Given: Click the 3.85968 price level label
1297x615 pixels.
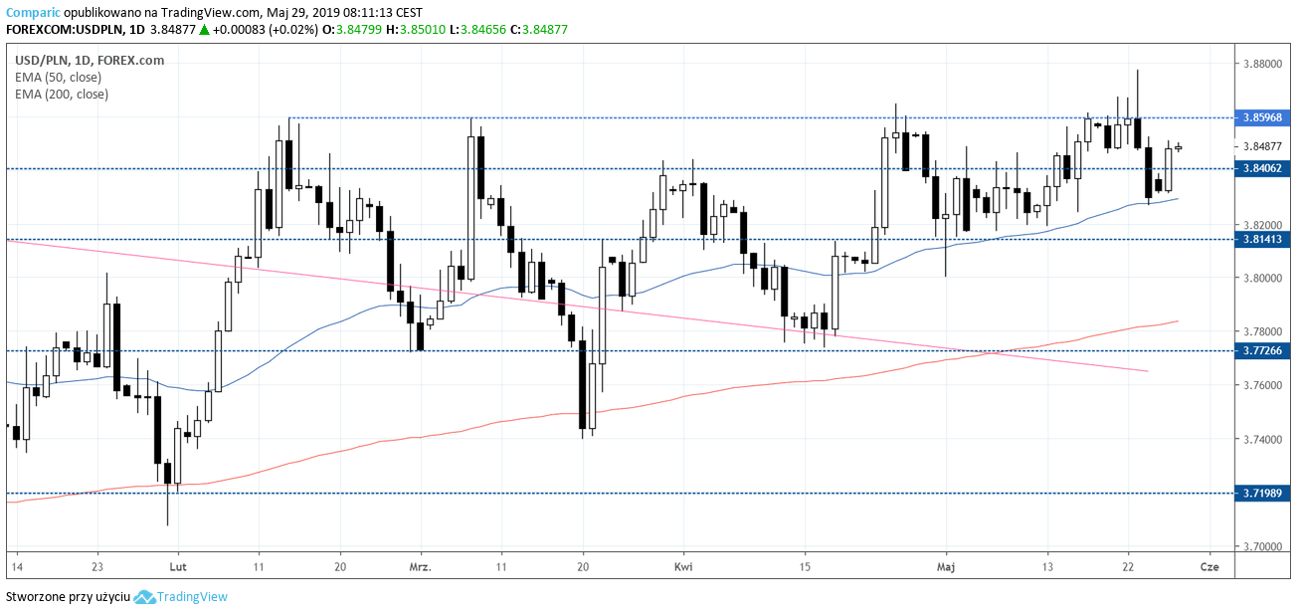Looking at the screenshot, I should [1263, 117].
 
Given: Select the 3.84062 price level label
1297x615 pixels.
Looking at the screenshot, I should [1263, 168].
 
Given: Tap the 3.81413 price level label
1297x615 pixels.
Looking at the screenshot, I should [1263, 239].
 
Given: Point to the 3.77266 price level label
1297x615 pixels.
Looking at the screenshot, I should [1263, 350].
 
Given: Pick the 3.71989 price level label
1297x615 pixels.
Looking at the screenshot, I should [1263, 493].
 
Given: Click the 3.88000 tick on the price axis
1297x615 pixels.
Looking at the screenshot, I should [1262, 64].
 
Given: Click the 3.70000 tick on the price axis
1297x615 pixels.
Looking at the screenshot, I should [1262, 546].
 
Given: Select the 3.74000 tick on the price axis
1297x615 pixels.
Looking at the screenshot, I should [1262, 439].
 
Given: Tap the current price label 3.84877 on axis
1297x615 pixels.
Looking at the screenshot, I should [1262, 146].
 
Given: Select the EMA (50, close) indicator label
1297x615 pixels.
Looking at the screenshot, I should [58, 77].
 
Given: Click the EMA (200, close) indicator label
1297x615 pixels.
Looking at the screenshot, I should [62, 94].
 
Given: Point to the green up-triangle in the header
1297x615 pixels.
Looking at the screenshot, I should [204, 30].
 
